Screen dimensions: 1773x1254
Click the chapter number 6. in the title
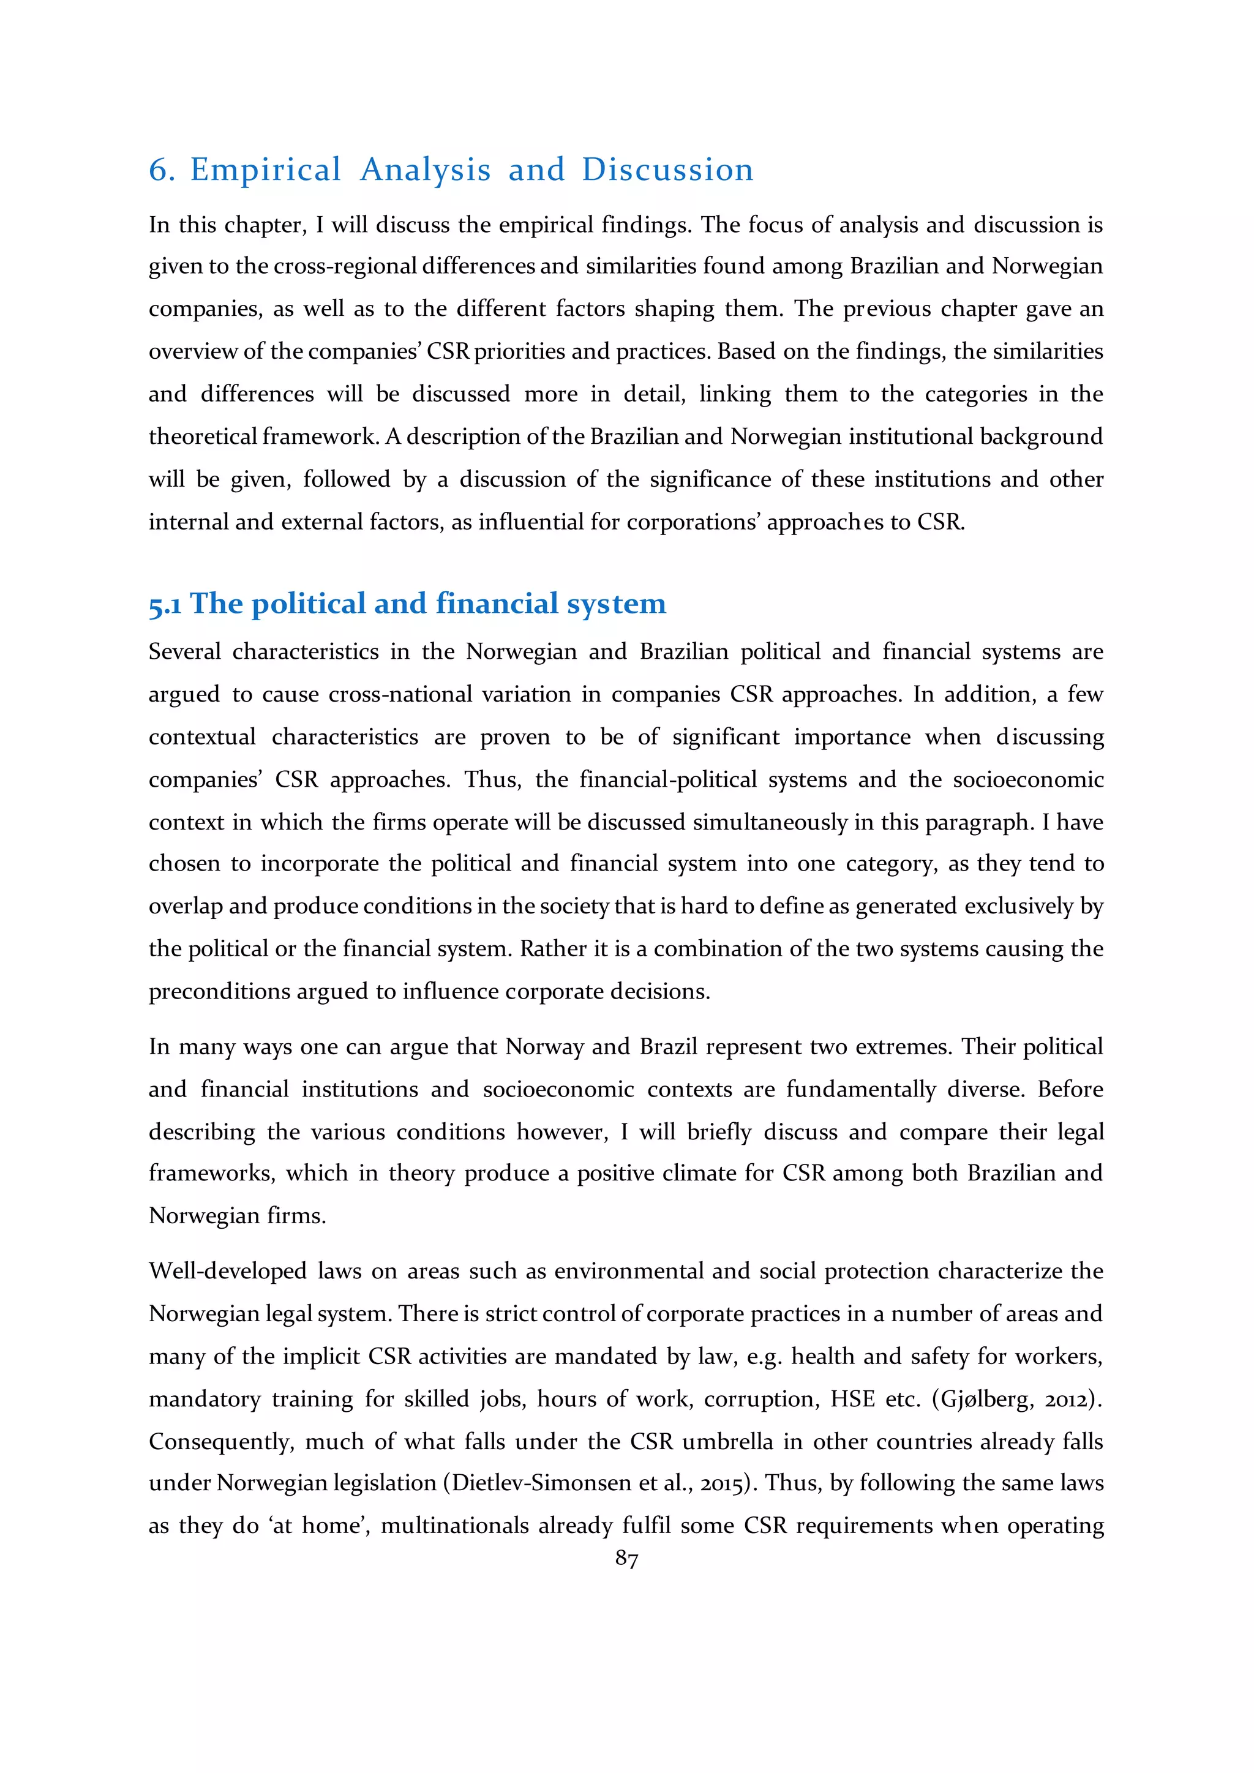click(x=162, y=170)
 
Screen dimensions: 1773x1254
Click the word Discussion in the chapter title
click(x=667, y=170)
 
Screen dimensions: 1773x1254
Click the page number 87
click(x=626, y=1559)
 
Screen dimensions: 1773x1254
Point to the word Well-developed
click(x=228, y=1271)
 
